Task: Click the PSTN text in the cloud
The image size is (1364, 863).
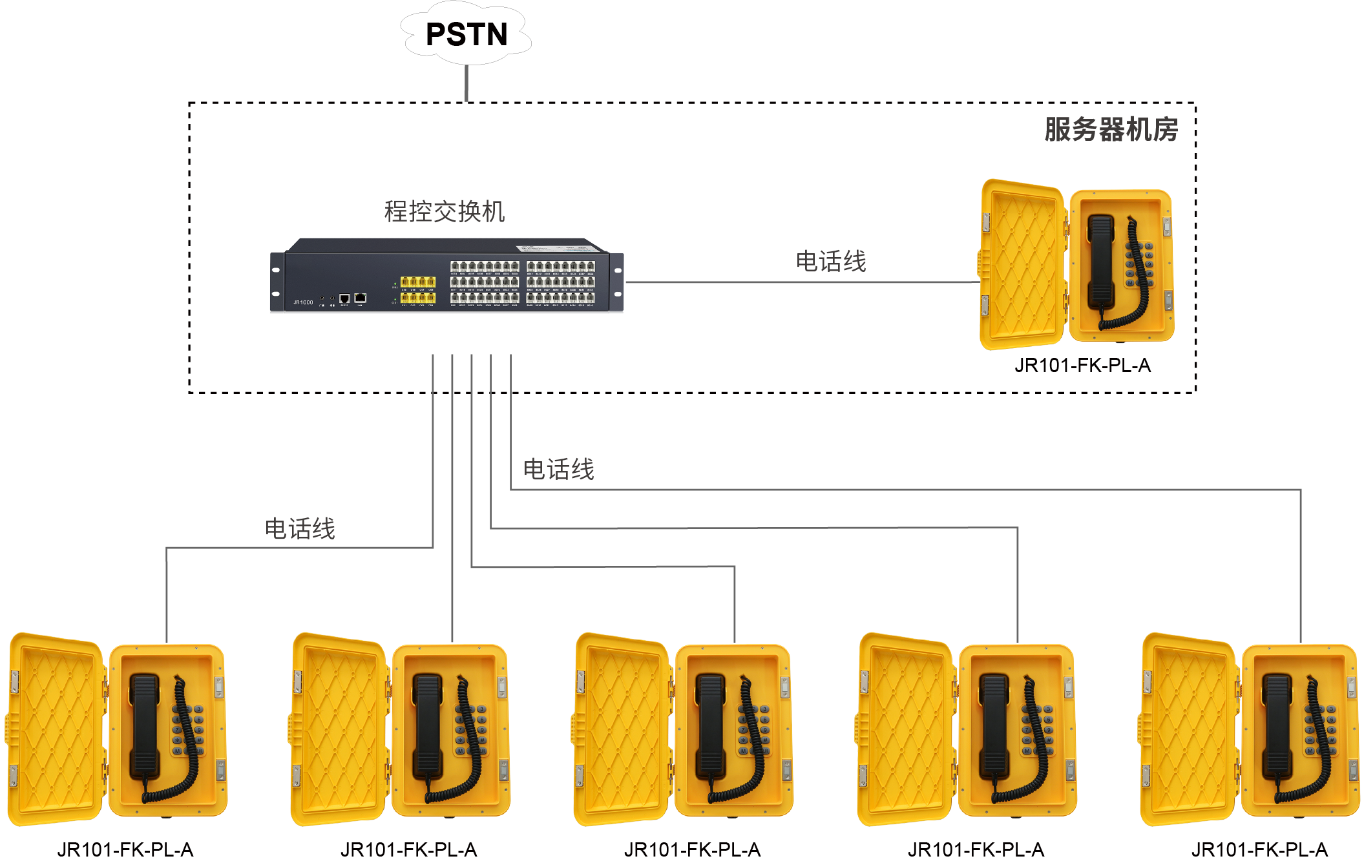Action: click(467, 34)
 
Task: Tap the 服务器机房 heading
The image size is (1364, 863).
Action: click(1111, 129)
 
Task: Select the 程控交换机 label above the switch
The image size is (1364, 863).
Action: click(445, 211)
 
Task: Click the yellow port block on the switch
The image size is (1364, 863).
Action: click(417, 289)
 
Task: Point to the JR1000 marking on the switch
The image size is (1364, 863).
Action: click(303, 302)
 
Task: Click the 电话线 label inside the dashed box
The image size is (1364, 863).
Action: click(830, 262)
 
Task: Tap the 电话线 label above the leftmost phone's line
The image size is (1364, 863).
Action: click(300, 528)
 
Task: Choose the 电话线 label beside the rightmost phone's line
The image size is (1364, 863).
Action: click(558, 469)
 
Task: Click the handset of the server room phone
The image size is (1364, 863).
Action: click(1100, 262)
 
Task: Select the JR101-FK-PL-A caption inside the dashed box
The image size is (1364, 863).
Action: click(1082, 366)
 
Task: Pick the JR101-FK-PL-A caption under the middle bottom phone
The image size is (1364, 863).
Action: click(692, 849)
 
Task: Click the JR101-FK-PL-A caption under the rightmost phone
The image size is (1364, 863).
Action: click(1259, 849)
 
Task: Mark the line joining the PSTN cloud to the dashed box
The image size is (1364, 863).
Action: click(467, 83)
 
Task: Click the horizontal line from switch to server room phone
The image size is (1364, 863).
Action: click(801, 282)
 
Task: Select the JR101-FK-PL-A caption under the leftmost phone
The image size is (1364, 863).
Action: click(125, 849)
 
